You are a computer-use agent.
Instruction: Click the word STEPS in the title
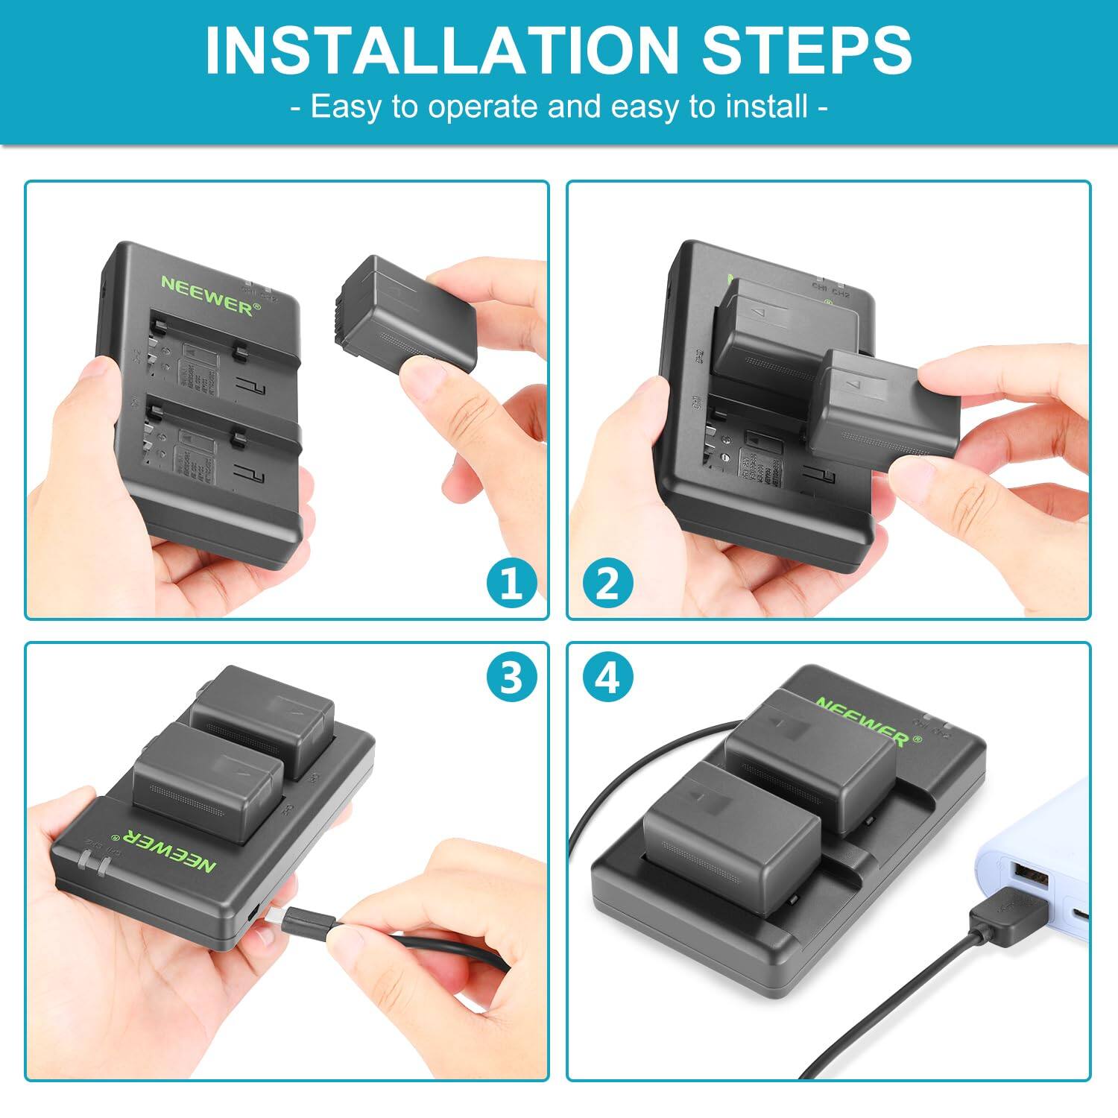(x=806, y=51)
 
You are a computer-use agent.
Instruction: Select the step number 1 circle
(x=511, y=583)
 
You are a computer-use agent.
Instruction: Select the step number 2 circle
(x=607, y=583)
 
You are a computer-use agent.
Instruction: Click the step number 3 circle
(x=511, y=678)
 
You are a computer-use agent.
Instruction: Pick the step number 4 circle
(x=607, y=678)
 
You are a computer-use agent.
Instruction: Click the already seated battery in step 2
(x=775, y=328)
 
